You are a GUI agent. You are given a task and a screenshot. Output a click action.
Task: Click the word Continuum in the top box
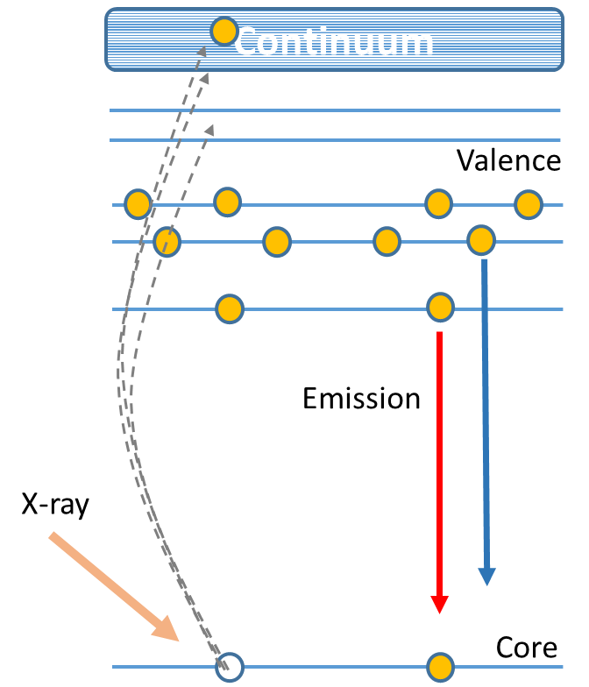pyautogui.click(x=334, y=41)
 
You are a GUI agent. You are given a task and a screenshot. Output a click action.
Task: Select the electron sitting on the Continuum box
pyautogui.click(x=224, y=32)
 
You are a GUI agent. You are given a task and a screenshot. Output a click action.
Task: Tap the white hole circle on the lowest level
pyautogui.click(x=229, y=667)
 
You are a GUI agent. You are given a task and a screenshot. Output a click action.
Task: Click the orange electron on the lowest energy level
pyautogui.click(x=440, y=667)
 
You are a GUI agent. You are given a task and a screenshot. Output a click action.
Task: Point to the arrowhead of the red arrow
pyautogui.click(x=439, y=605)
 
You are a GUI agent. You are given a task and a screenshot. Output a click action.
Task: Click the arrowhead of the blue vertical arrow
pyautogui.click(x=486, y=577)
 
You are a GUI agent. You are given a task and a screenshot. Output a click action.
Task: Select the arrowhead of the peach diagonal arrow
pyautogui.click(x=167, y=630)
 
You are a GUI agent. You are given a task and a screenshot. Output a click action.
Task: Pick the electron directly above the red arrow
pyautogui.click(x=440, y=308)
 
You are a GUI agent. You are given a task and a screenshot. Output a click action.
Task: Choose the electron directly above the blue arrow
pyautogui.click(x=481, y=240)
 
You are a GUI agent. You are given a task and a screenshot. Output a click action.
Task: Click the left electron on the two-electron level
pyautogui.click(x=230, y=308)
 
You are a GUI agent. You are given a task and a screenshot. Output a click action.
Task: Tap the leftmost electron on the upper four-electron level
pyautogui.click(x=138, y=204)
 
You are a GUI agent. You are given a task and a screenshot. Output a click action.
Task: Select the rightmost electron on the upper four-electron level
pyautogui.click(x=528, y=204)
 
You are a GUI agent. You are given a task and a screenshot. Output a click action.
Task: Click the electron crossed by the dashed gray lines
pyautogui.click(x=167, y=242)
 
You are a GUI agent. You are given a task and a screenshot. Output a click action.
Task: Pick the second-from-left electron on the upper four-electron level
pyautogui.click(x=227, y=202)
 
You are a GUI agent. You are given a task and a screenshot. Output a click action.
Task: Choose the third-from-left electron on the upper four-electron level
pyautogui.click(x=438, y=203)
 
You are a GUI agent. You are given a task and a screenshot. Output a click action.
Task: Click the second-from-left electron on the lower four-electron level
pyautogui.click(x=277, y=242)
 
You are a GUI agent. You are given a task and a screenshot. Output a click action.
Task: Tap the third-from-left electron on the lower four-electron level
pyautogui.click(x=387, y=241)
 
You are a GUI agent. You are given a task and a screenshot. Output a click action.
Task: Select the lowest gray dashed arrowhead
pyautogui.click(x=209, y=130)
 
